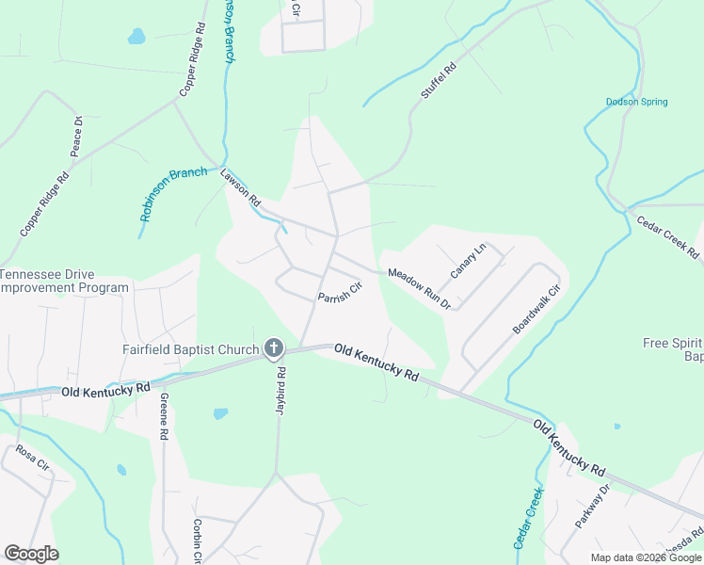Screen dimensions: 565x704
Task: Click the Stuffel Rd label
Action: click(x=438, y=81)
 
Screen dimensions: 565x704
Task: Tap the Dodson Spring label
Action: click(x=636, y=102)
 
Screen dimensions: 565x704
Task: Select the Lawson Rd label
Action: click(x=240, y=187)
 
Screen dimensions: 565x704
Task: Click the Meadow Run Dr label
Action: click(x=420, y=289)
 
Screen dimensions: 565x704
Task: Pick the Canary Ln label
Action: click(x=467, y=261)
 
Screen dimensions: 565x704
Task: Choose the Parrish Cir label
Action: click(x=340, y=295)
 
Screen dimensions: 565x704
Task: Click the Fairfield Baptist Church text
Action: click(x=190, y=350)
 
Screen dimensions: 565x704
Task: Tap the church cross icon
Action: click(x=273, y=350)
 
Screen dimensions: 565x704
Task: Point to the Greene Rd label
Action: click(x=164, y=416)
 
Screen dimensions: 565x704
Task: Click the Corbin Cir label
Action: click(x=198, y=540)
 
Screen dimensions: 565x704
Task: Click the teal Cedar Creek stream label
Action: click(x=529, y=518)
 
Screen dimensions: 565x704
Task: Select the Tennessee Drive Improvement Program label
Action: click(x=64, y=281)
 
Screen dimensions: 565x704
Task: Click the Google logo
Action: click(x=31, y=554)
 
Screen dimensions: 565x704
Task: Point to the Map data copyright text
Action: click(x=647, y=557)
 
